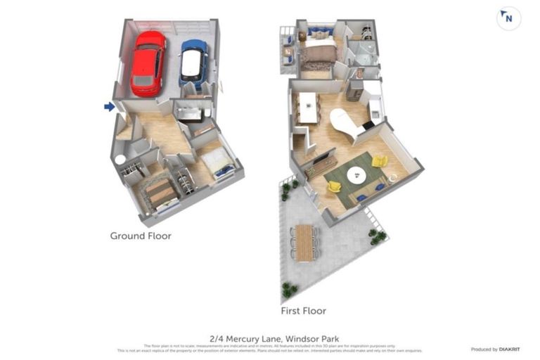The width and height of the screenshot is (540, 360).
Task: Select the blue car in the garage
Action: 193,62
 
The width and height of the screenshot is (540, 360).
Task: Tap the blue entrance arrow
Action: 109,107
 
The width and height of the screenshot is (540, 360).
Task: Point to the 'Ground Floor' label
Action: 141,236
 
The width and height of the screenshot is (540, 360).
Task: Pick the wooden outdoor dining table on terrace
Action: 304,242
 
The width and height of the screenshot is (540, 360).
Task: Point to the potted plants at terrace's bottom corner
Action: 288,289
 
